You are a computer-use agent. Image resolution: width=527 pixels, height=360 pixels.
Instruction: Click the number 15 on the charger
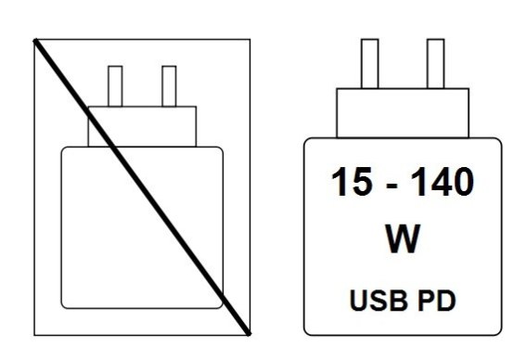352,182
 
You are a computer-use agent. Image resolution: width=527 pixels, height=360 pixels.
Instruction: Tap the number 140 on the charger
442,182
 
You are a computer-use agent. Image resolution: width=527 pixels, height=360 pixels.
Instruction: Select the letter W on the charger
403,238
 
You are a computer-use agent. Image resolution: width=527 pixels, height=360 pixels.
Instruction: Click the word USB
379,301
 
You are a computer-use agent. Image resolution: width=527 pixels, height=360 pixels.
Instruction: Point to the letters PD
437,301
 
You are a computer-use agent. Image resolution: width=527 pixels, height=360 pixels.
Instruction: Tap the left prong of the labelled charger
369,64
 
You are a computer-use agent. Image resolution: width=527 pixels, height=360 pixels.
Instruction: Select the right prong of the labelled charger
435,64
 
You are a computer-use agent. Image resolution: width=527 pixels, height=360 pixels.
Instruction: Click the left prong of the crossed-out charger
115,86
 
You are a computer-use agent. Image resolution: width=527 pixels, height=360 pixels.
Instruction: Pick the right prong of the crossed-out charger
169,86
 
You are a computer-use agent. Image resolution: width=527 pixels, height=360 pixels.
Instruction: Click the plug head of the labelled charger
403,113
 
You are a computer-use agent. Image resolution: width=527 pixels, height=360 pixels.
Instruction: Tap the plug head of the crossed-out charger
142,127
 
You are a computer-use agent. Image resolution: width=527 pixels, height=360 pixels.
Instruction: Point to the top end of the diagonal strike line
35,40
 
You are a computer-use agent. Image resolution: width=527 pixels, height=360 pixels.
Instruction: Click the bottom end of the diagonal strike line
249,334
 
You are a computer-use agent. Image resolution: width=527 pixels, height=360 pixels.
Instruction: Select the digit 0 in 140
463,182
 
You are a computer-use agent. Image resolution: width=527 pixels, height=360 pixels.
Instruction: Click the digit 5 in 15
362,182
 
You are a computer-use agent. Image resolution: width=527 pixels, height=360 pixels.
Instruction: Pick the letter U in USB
358,301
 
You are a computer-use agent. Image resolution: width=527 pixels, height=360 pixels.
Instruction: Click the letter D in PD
446,301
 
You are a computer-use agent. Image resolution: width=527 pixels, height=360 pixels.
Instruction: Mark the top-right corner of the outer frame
251,39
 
